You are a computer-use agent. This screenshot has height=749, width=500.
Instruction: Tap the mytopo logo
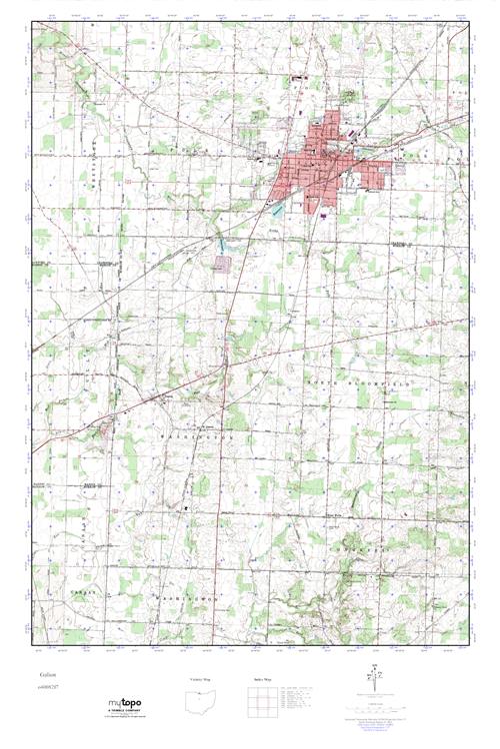[x=127, y=704]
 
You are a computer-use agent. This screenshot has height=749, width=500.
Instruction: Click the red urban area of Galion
[x=320, y=165]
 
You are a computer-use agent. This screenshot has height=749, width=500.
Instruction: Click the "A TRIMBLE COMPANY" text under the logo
[x=127, y=713]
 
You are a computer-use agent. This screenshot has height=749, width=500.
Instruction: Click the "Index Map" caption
[x=263, y=678]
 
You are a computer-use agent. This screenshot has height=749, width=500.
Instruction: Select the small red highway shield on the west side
[x=129, y=181]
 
